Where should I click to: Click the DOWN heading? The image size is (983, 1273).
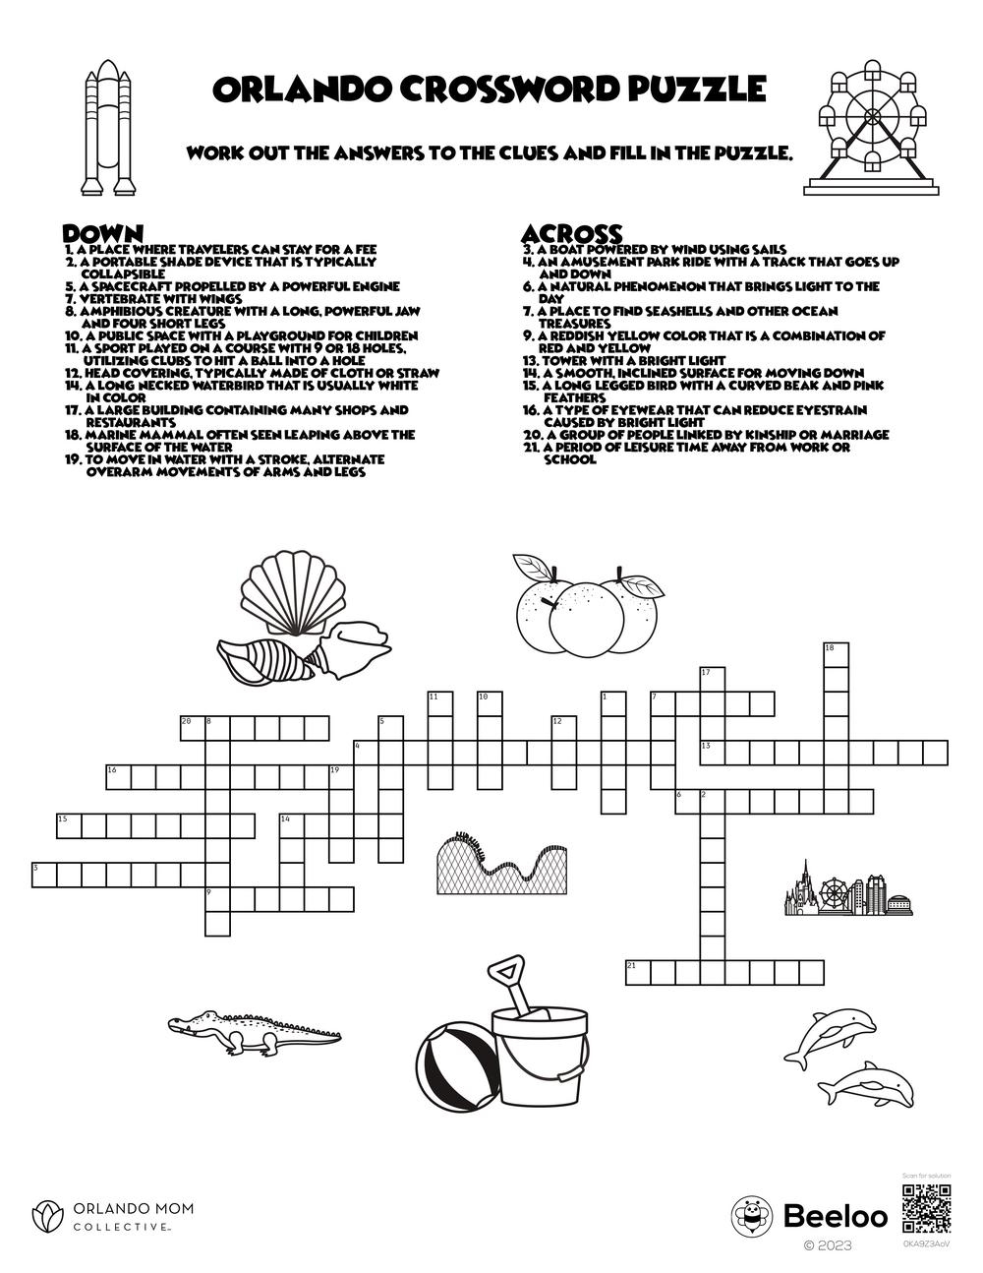point(103,233)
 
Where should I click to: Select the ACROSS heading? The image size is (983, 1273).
point(571,233)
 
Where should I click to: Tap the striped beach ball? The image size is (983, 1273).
point(455,1067)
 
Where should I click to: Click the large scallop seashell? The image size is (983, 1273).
point(293,593)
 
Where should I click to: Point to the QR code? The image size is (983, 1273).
point(926,1209)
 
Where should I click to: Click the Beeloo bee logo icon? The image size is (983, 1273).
point(752,1217)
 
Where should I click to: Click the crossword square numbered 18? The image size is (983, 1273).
point(836,654)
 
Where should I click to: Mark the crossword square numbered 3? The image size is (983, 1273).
point(44,874)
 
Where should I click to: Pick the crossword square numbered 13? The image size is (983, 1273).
point(712,753)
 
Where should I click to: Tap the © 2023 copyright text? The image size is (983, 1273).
point(828,1245)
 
